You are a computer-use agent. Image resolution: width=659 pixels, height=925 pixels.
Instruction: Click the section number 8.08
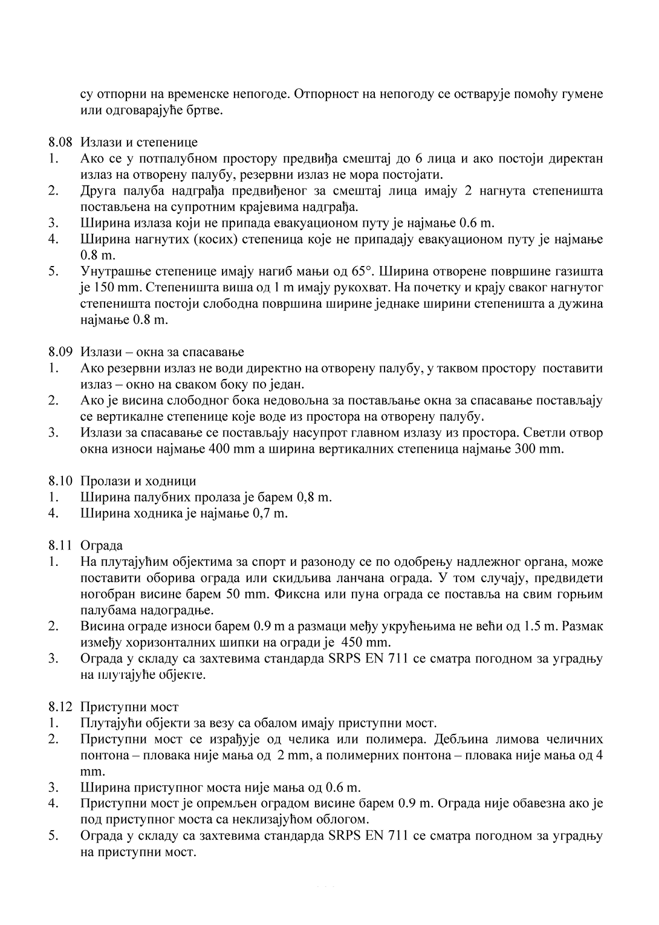tap(60, 143)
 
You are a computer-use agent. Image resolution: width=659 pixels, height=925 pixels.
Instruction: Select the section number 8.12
tap(60, 707)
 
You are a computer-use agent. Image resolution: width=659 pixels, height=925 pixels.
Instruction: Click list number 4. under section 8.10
tap(54, 514)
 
